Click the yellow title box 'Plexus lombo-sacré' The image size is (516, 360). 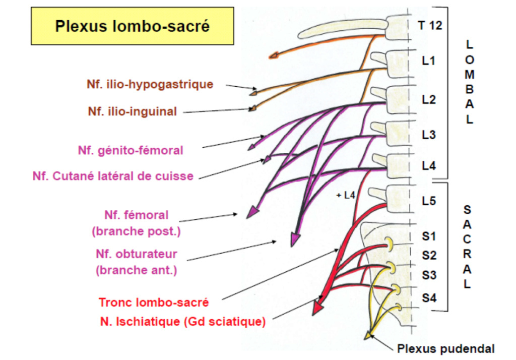tap(132, 26)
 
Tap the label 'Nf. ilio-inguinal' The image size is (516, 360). tap(133, 111)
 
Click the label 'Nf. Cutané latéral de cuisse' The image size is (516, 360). tap(113, 176)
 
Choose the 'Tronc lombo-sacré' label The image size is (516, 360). tap(154, 303)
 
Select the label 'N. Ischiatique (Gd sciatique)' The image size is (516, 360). tap(183, 321)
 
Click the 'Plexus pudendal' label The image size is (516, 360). tap(446, 348)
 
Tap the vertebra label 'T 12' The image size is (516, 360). tap(430, 25)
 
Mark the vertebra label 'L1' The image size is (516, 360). tap(428, 62)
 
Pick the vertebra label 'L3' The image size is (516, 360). tap(429, 135)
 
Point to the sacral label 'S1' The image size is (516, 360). tap(429, 235)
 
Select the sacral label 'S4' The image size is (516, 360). tap(429, 297)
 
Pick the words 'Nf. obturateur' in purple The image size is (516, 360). tap(136, 253)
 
